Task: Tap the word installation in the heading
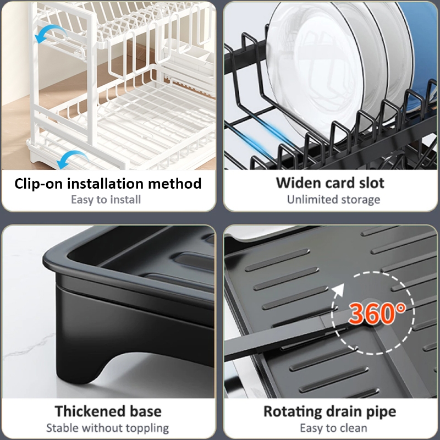click(105, 184)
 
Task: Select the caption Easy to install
click(106, 200)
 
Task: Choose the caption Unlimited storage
click(333, 200)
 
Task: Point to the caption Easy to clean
click(333, 428)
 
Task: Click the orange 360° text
click(377, 313)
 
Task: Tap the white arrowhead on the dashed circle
click(339, 289)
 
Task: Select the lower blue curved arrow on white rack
click(70, 158)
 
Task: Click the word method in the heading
click(174, 184)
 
